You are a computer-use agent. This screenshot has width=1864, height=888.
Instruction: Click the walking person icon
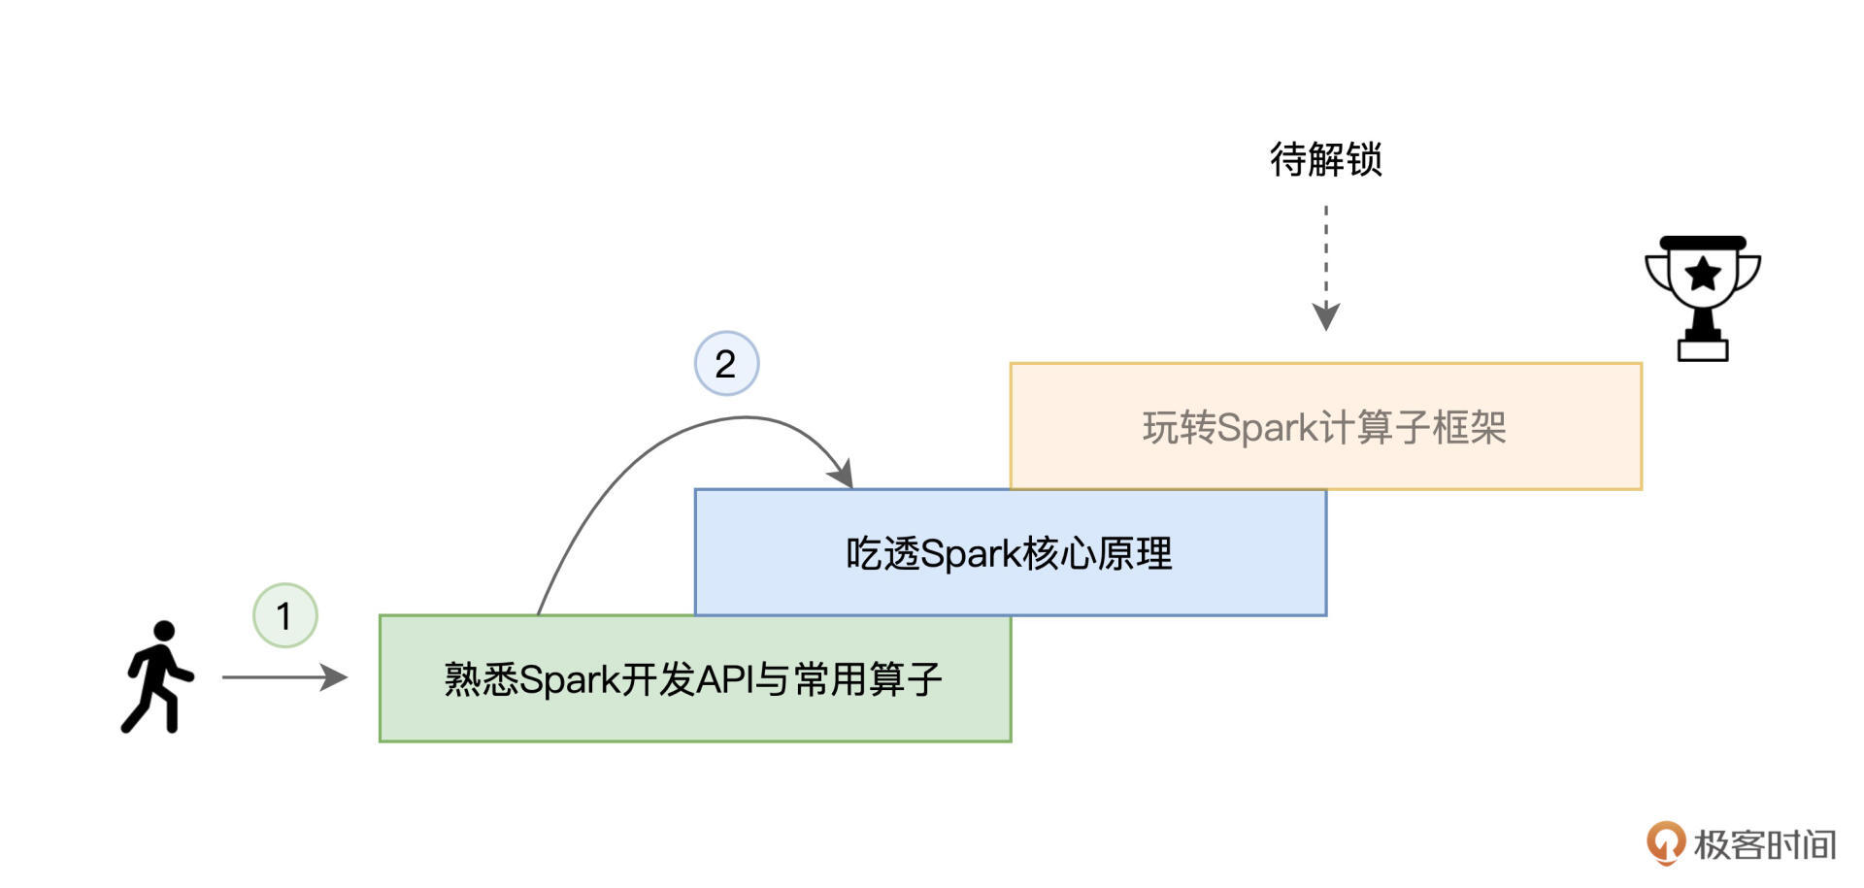click(x=157, y=677)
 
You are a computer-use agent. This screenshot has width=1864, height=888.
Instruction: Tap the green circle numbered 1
click(x=284, y=615)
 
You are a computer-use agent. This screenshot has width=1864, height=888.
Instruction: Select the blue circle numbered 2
click(x=726, y=364)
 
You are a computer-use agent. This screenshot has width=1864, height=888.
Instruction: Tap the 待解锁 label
click(x=1325, y=159)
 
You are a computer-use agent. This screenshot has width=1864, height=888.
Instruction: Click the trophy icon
click(x=1703, y=296)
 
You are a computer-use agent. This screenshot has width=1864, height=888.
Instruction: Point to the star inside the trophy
click(x=1703, y=274)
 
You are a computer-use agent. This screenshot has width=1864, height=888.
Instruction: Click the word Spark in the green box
click(x=569, y=679)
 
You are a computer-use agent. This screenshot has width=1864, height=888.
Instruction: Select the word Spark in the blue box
click(x=969, y=554)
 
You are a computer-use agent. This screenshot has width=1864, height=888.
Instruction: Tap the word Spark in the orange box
click(x=1267, y=428)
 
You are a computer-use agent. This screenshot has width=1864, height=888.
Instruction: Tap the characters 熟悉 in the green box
click(x=481, y=679)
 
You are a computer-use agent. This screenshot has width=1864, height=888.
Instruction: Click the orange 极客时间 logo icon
click(x=1665, y=842)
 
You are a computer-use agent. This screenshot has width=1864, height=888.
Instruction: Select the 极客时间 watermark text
click(x=1765, y=844)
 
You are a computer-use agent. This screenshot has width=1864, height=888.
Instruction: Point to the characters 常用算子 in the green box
click(x=868, y=679)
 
